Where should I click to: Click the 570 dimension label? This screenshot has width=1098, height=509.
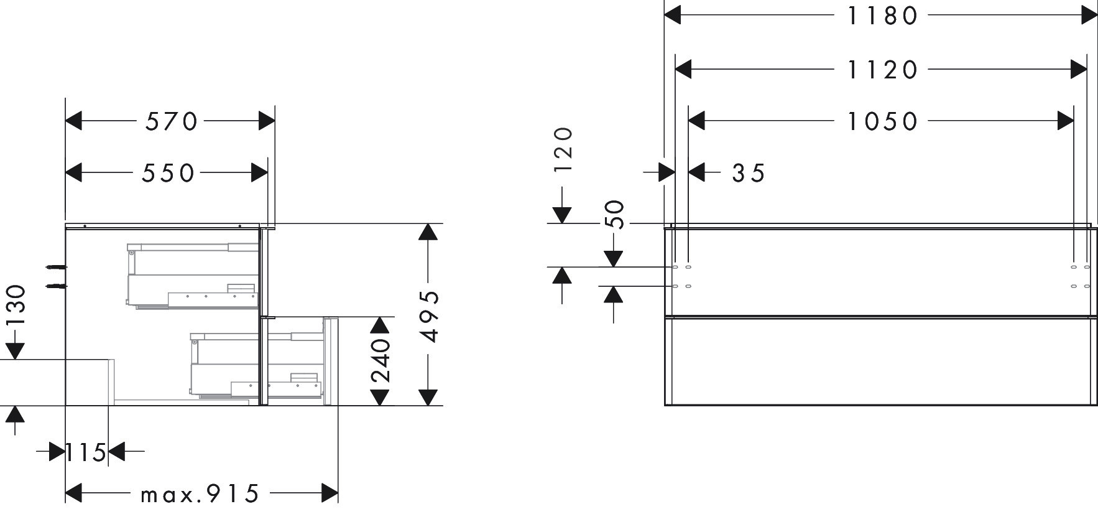point(171,121)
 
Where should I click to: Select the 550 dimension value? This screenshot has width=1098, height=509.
point(168,174)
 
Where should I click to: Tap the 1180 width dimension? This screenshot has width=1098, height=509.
point(882,16)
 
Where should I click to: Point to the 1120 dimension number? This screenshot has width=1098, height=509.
point(882,70)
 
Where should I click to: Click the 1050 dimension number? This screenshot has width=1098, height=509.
point(882,121)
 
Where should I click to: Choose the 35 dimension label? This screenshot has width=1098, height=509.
point(749,174)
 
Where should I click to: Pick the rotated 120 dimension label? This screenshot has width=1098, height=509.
point(563,150)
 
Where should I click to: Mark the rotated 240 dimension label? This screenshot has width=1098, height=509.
point(380,360)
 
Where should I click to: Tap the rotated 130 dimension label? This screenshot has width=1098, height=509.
point(16,305)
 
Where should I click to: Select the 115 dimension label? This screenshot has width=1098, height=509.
point(86,452)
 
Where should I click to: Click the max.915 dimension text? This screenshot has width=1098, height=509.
point(199,495)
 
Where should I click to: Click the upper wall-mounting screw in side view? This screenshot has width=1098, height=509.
point(56,268)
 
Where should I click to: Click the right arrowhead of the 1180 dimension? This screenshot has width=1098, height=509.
point(1089,16)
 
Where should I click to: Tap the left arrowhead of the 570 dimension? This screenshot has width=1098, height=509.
point(73,121)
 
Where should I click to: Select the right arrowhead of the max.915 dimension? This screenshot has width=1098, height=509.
point(330,493)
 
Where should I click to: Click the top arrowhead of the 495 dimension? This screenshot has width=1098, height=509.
point(428,231)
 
